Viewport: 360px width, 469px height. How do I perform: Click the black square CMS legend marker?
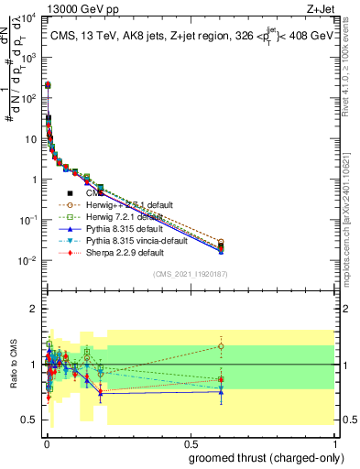pos(71,193)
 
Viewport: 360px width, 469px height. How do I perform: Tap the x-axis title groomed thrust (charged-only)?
pos(268,457)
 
